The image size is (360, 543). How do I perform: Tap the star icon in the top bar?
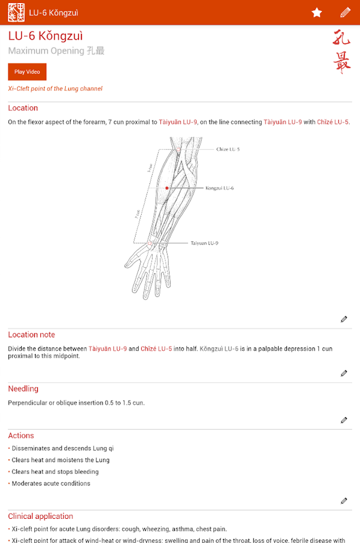pos(317,13)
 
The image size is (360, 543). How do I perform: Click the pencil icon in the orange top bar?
pos(345,13)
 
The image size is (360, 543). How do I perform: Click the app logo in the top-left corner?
pos(16,13)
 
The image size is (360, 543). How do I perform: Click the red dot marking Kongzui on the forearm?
pos(167,188)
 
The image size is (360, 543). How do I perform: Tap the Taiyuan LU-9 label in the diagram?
pos(204,243)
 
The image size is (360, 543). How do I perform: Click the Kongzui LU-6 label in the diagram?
pos(219,188)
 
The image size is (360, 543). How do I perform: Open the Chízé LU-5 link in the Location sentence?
pos(333,122)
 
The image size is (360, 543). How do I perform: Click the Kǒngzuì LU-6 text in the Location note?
pos(218,349)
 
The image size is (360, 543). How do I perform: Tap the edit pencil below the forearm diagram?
pos(344,319)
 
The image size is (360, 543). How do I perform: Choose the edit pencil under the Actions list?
pos(344,501)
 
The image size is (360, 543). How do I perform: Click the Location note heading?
pos(31,335)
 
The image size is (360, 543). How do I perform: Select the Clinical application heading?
pos(40,516)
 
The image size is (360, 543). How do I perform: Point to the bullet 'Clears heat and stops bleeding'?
pos(55,472)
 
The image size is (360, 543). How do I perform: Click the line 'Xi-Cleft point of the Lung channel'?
pos(55,89)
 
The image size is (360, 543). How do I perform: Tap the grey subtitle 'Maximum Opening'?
pos(46,51)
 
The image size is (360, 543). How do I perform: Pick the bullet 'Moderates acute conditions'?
pos(51,483)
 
